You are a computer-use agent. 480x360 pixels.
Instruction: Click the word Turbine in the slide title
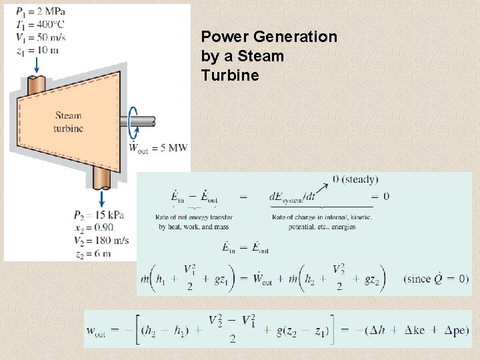point(229,75)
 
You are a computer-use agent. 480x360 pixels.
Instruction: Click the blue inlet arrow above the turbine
point(36,65)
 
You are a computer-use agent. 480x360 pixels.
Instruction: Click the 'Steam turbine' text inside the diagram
point(68,122)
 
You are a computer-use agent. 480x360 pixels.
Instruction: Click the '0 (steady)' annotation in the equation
point(355,179)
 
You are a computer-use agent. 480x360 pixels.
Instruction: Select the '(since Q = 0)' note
point(435,279)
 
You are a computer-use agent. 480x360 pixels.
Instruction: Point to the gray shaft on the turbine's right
point(144,122)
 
